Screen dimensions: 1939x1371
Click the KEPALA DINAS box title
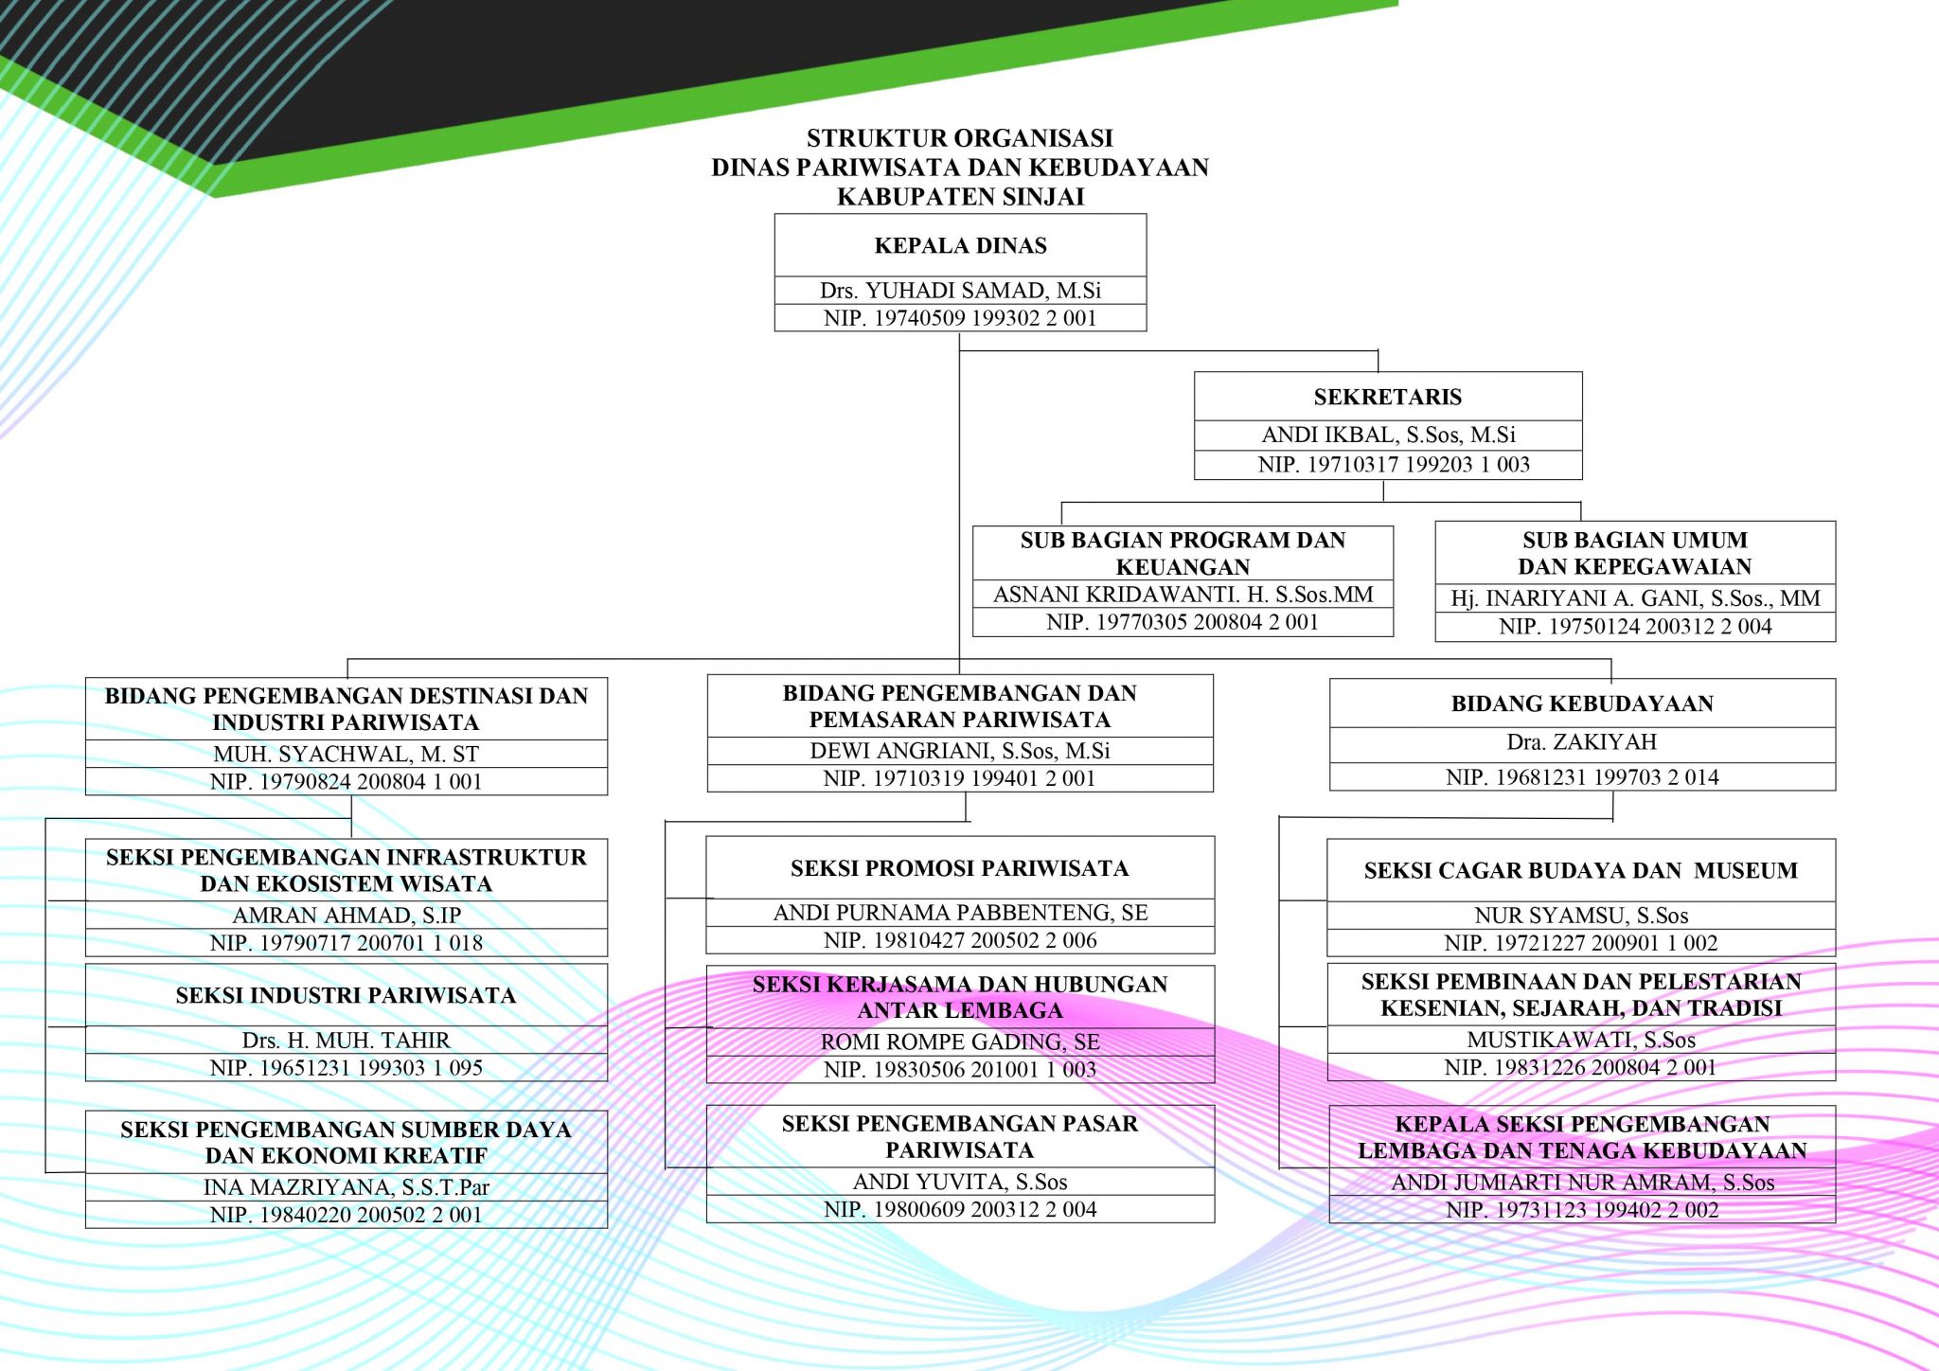pyautogui.click(x=960, y=245)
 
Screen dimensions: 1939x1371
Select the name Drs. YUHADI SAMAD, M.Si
pyautogui.click(x=960, y=291)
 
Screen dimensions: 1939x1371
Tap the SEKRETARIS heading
pyautogui.click(x=1387, y=397)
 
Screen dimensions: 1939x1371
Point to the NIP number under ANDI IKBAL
pyautogui.click(x=1394, y=465)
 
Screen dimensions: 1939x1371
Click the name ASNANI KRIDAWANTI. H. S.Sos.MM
pyautogui.click(x=1183, y=595)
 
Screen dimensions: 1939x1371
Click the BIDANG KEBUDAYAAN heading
pyautogui.click(x=1582, y=703)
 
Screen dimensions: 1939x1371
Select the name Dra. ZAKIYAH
pyautogui.click(x=1582, y=742)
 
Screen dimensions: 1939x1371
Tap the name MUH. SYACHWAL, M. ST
pyautogui.click(x=346, y=755)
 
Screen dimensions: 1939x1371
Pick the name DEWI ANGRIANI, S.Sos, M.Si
pyautogui.click(x=960, y=751)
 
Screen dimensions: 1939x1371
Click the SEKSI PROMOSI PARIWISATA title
pyautogui.click(x=960, y=868)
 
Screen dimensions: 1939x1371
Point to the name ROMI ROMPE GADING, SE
pyautogui.click(x=960, y=1042)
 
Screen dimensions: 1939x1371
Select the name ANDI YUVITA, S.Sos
pyautogui.click(x=960, y=1182)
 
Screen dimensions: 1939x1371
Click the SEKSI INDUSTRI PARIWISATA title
pyautogui.click(x=346, y=995)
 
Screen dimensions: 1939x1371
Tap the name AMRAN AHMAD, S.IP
pyautogui.click(x=347, y=916)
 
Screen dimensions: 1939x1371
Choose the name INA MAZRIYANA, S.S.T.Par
pyautogui.click(x=346, y=1187)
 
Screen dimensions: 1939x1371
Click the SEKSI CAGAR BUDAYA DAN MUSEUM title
pyautogui.click(x=1580, y=871)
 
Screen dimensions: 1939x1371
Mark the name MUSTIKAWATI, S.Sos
pyautogui.click(x=1581, y=1040)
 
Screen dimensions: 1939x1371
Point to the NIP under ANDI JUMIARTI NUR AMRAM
pyautogui.click(x=1582, y=1210)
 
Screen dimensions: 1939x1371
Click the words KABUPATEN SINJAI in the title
pyautogui.click(x=960, y=197)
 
